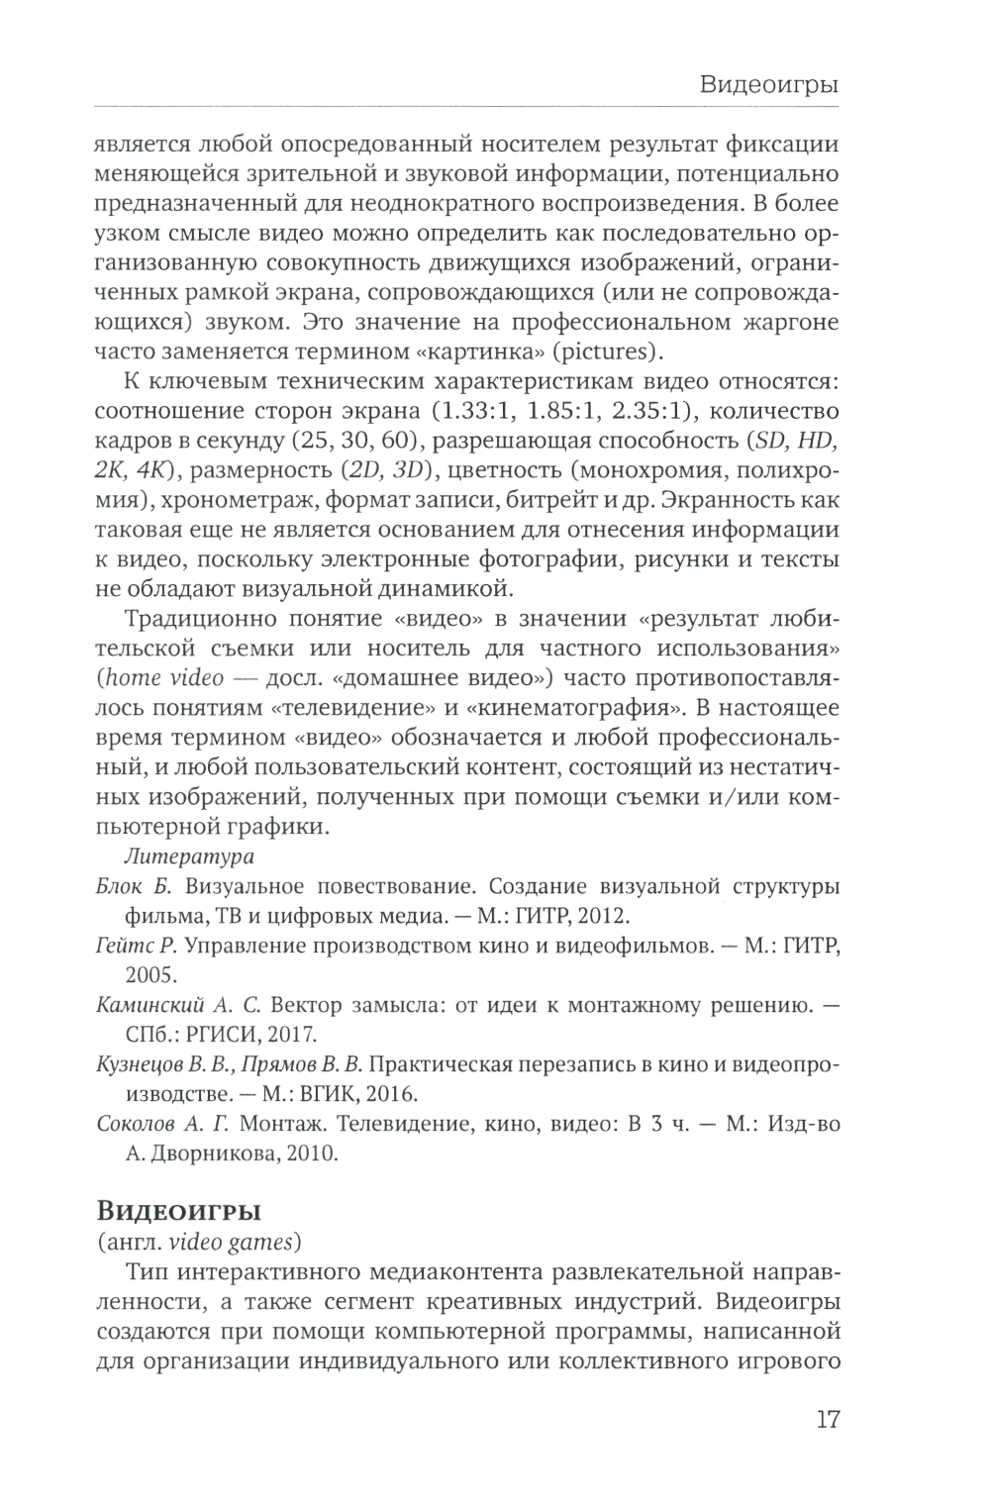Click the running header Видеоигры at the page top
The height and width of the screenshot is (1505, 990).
click(x=769, y=83)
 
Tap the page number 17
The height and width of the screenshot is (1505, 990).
click(x=828, y=1419)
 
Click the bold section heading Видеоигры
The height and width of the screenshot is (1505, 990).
click(x=178, y=1210)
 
